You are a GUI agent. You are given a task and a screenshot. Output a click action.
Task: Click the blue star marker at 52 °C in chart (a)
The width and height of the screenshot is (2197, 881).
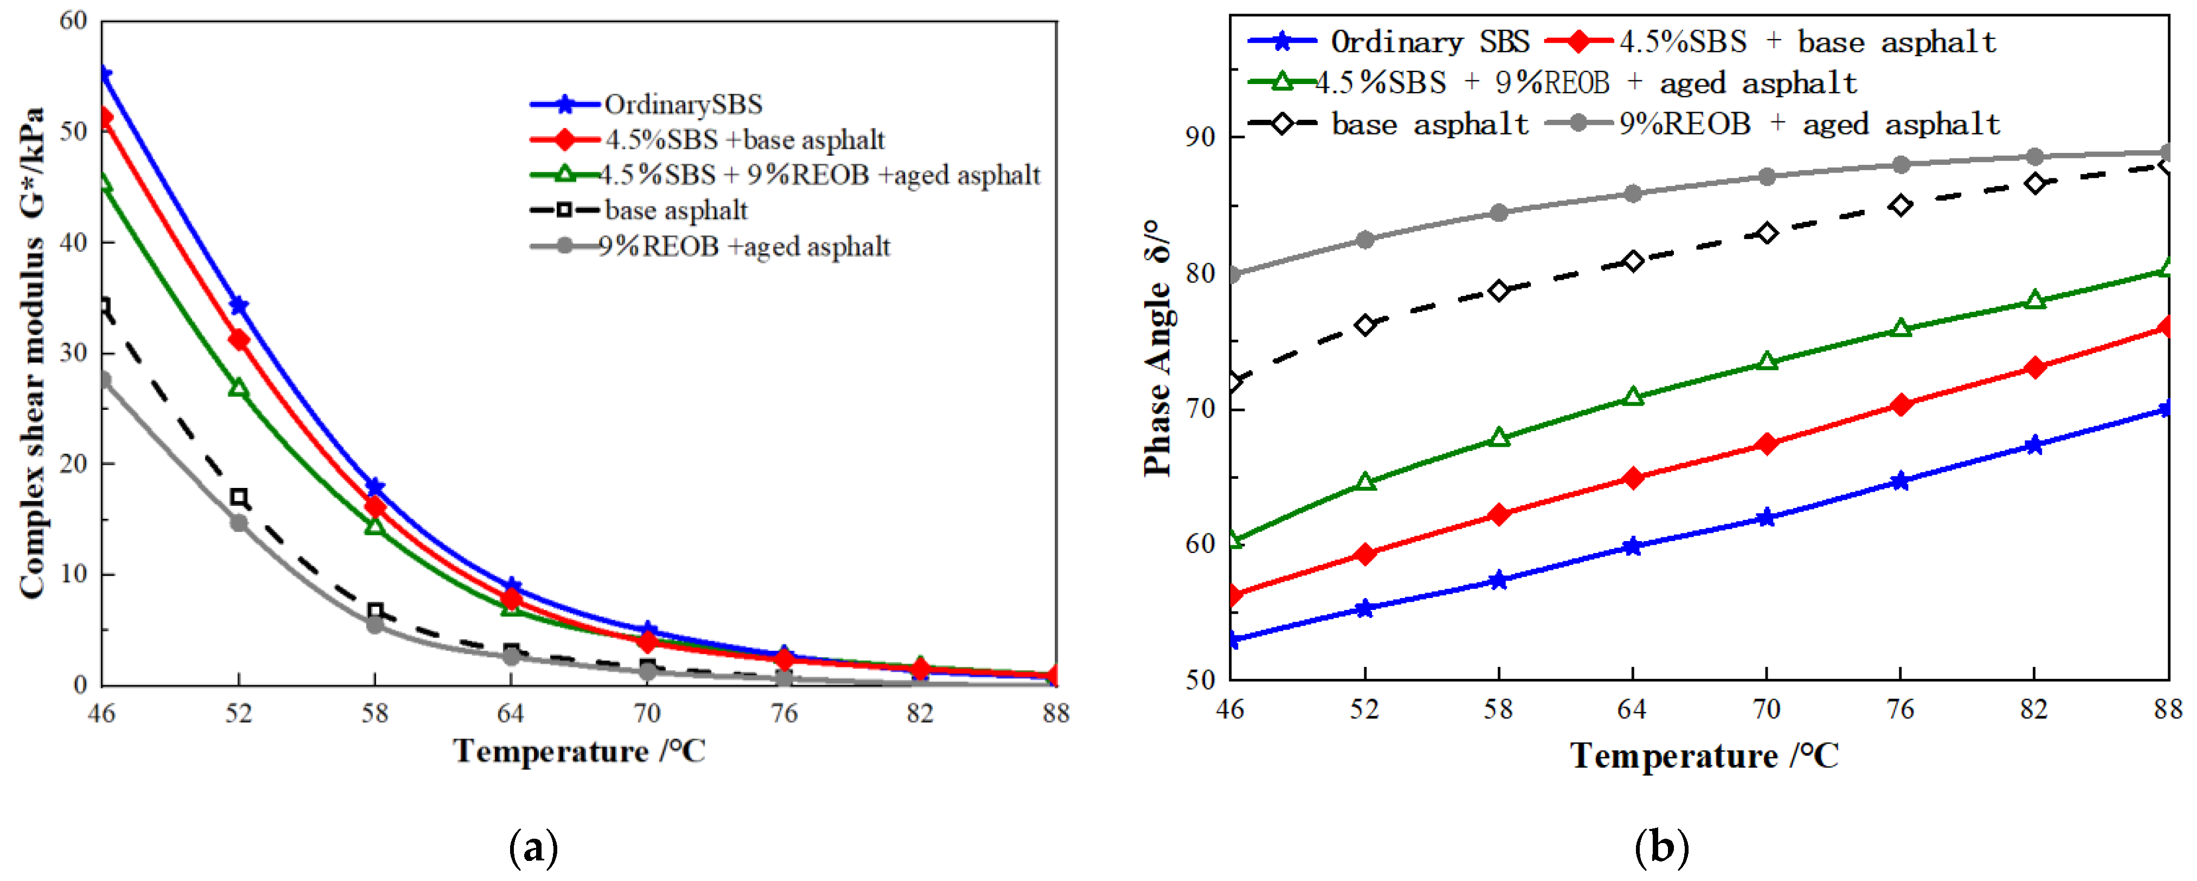pos(239,305)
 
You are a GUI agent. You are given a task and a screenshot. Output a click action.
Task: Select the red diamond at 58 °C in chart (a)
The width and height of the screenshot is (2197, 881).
pos(375,506)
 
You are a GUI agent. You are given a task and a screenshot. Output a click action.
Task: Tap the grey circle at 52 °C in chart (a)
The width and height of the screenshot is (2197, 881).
pos(239,523)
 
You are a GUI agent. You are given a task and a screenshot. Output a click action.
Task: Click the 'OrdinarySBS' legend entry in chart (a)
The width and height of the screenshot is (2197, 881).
pos(682,104)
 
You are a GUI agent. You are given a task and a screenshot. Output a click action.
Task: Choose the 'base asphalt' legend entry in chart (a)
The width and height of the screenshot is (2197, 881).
pos(675,210)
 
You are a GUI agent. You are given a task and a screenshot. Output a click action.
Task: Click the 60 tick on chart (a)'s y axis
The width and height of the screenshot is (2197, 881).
pos(74,21)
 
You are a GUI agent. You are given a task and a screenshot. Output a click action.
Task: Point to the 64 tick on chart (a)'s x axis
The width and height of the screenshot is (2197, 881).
pos(510,713)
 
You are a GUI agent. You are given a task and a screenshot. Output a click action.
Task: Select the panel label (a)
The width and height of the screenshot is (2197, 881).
pos(534,848)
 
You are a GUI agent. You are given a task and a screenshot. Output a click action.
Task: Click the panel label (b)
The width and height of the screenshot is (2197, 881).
pos(1661,848)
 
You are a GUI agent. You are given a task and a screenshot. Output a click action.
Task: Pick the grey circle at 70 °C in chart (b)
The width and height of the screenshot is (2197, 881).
pos(1766,177)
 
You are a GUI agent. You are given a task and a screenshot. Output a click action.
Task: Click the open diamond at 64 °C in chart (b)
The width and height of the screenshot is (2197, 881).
pos(1632,261)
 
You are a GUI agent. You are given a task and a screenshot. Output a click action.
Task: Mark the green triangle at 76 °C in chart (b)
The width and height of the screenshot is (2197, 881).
pos(1900,329)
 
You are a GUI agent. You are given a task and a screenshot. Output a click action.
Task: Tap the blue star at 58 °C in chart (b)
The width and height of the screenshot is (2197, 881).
pos(1498,581)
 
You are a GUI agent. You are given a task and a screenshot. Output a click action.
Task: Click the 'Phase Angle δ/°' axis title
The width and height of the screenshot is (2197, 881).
pos(1158,348)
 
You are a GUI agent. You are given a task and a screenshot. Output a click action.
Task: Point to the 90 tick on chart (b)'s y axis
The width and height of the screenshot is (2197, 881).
pos(1201,137)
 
